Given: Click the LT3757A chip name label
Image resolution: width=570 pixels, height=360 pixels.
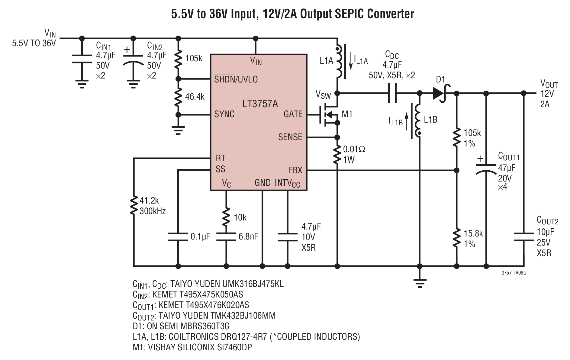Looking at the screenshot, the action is click(x=260, y=104).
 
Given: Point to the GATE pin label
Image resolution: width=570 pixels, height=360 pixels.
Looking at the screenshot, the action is click(x=293, y=114).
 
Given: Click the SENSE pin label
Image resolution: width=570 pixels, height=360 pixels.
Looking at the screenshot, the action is click(x=290, y=137).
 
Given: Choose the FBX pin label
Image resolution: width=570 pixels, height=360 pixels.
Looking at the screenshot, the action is click(x=295, y=170).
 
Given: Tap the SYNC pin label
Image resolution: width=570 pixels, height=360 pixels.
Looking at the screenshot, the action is click(x=224, y=114).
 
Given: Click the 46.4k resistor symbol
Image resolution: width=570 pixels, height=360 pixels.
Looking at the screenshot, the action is click(x=178, y=97).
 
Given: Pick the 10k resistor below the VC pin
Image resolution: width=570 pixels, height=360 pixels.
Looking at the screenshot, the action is click(x=226, y=217).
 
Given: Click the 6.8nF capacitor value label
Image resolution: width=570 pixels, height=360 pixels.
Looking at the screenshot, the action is click(x=248, y=236).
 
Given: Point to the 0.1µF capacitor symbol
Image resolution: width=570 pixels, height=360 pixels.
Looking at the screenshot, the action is click(x=178, y=237).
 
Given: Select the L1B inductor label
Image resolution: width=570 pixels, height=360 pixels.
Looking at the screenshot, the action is click(x=430, y=120).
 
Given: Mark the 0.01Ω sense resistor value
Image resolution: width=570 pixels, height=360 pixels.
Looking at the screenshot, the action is click(x=354, y=149).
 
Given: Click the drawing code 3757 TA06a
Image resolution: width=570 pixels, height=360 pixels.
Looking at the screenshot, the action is click(x=514, y=273).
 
